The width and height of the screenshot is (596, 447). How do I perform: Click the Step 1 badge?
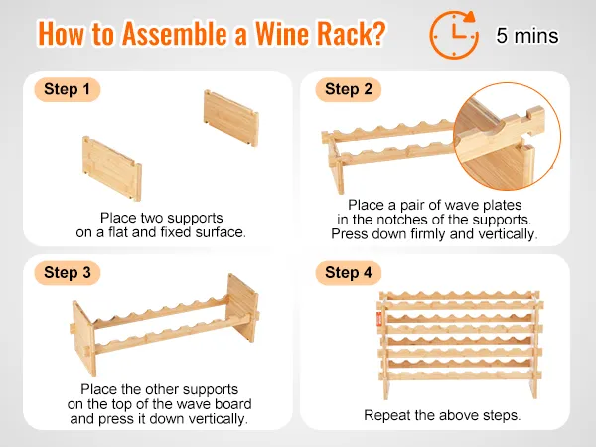pos(68,89)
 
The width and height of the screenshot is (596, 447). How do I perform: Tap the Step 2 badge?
pos(349,89)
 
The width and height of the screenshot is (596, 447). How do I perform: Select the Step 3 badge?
pos(68,273)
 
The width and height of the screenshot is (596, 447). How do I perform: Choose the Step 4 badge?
pos(349,273)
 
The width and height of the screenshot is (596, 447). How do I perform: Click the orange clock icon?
pos(454,35)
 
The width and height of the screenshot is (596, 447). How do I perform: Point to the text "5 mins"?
pos(527,36)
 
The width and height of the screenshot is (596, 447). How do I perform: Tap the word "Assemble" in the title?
pos(175,34)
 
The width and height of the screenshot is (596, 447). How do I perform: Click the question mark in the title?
pos(377,34)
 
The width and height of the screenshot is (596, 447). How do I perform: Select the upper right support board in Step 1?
pos(231,118)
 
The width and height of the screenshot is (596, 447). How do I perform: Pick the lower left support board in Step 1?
pos(112,169)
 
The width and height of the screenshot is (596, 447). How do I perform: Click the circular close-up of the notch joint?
pos(507,136)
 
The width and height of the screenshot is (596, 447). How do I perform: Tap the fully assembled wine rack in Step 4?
pos(460,345)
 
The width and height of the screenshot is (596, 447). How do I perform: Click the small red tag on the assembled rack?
pos(379,319)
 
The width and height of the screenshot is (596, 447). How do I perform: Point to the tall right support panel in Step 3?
pos(241,308)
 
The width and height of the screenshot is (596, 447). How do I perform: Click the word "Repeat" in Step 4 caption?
pos(387,415)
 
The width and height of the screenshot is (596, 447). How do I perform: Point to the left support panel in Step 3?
pos(83,339)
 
